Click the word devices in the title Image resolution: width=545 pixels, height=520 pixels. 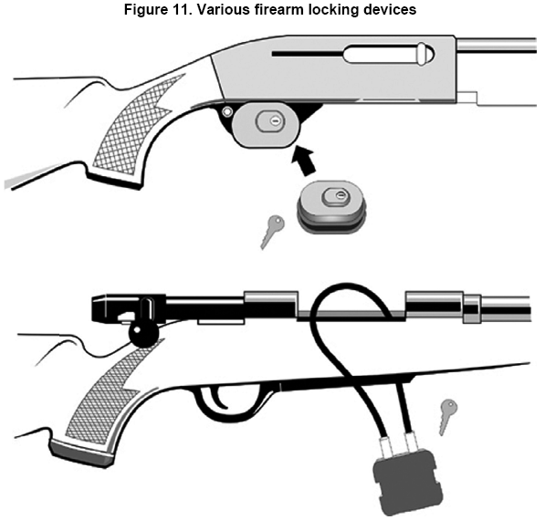[390, 10]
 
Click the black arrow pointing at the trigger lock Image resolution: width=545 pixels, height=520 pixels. [305, 160]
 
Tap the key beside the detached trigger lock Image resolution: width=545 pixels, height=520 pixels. [271, 232]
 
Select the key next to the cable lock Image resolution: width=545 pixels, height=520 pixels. [447, 417]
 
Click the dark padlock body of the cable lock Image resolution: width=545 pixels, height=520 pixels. [408, 482]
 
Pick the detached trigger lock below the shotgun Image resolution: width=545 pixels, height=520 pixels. [331, 207]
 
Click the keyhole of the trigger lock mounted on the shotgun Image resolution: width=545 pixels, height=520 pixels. [275, 121]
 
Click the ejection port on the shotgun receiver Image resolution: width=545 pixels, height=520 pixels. [388, 54]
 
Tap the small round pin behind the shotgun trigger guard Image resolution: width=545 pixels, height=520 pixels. [227, 112]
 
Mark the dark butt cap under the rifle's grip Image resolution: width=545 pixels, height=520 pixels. [81, 452]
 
